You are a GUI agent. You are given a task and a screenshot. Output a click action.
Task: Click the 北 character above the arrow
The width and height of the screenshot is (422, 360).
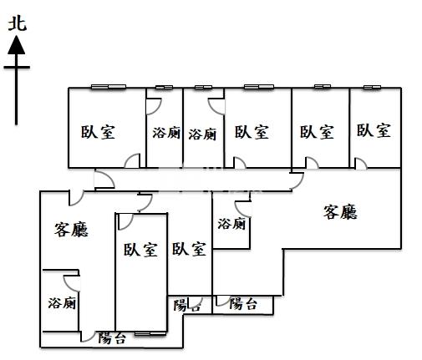[x=18, y=23]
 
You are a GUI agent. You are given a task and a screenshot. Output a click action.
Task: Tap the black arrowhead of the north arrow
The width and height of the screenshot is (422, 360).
[x=17, y=45]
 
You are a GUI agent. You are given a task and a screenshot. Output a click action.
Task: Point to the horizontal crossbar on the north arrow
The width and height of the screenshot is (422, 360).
[x=17, y=67]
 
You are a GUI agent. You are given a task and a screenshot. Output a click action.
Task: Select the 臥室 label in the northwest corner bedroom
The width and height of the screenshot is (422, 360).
[x=98, y=132]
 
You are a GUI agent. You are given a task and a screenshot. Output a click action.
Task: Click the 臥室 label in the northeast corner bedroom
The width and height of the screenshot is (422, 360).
[x=374, y=130]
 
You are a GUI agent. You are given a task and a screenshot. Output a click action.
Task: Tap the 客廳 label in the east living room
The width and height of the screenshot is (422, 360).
[x=340, y=212]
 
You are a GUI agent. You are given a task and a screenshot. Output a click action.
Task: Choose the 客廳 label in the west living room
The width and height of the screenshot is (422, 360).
[x=71, y=230]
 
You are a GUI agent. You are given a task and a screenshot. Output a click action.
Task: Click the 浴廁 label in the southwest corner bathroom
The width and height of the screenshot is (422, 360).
[x=62, y=303]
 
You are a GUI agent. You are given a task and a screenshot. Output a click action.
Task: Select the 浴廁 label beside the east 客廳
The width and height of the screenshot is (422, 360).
[x=231, y=224]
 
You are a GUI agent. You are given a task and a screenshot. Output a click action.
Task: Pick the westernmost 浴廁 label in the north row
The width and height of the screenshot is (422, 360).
[x=166, y=133]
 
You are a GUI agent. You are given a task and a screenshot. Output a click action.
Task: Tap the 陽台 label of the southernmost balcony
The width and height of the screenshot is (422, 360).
[x=112, y=337]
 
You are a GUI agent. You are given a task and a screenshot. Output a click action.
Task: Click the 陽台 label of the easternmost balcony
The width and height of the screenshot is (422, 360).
[x=243, y=303]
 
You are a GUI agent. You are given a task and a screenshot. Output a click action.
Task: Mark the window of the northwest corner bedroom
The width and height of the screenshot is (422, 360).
[x=109, y=87]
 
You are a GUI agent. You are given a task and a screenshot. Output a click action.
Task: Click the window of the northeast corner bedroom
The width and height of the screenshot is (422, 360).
[x=372, y=87]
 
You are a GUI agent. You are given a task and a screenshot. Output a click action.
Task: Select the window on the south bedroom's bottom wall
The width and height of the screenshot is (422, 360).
[x=150, y=333]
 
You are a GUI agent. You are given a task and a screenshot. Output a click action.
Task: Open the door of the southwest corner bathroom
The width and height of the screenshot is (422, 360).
[x=72, y=283]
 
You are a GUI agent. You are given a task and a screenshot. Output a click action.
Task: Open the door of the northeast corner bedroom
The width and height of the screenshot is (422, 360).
[x=361, y=164]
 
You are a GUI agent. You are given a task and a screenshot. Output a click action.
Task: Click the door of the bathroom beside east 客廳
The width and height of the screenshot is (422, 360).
[x=243, y=209]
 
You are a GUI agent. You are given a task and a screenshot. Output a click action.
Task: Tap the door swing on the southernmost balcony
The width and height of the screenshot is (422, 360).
[x=88, y=337]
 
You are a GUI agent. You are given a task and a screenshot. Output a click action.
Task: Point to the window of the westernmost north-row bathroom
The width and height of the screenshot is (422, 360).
[x=164, y=88]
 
